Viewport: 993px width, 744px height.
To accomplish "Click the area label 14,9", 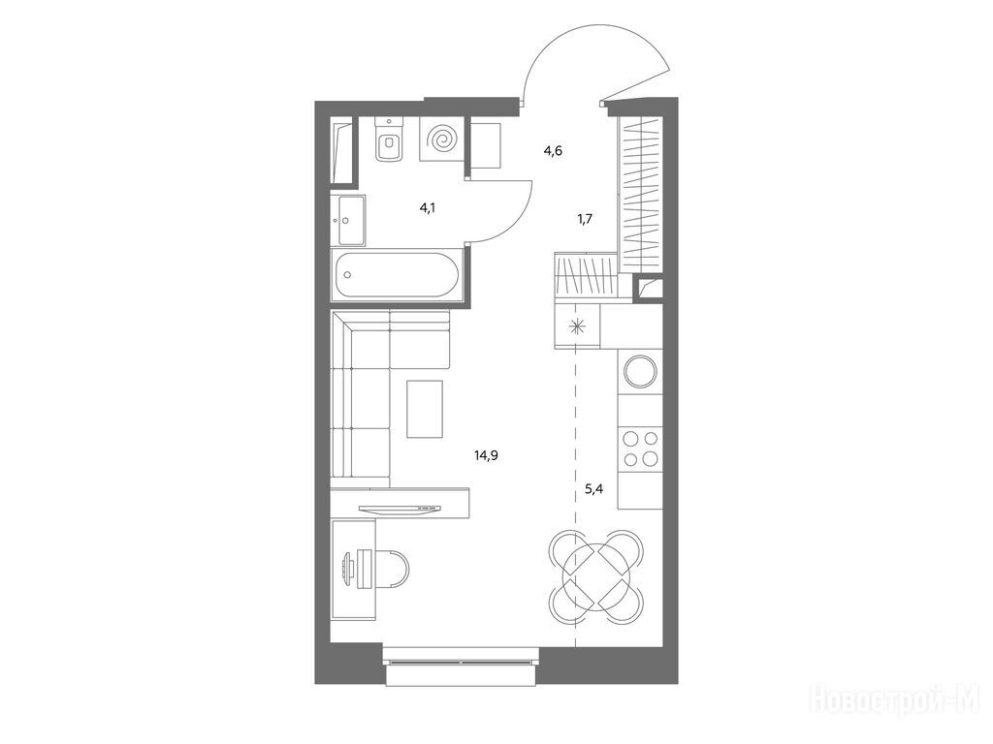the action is tap(487, 454).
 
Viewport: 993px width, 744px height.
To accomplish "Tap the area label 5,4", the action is tap(593, 488).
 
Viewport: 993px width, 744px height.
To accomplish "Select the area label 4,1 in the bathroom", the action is tap(428, 207).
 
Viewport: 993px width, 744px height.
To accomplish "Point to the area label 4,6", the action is tap(553, 150).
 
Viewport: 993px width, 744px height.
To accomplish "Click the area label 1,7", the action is tap(585, 219).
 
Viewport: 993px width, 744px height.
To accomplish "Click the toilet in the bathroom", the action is tap(388, 141).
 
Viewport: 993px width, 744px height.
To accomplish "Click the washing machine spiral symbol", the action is tap(442, 139).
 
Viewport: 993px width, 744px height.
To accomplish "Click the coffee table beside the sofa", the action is tap(425, 409).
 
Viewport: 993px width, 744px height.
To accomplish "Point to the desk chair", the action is tap(390, 566).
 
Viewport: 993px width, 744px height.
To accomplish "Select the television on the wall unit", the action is tap(399, 509).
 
